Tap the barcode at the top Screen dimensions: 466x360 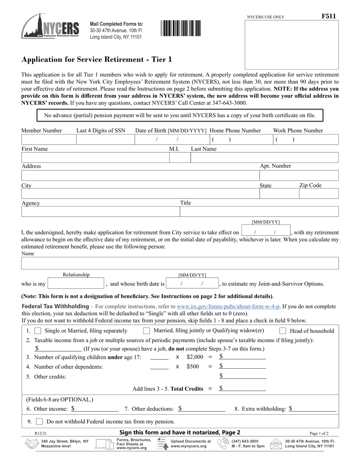click(181, 28)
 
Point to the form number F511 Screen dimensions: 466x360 click(329, 16)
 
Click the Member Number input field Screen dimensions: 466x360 click(49, 140)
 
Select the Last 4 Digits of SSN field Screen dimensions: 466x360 click(105, 140)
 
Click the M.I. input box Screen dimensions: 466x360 click(179, 158)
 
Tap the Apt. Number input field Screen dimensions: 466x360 click(299, 175)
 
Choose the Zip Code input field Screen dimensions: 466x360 click(319, 194)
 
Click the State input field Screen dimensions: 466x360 click(279, 194)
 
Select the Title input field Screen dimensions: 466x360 click(259, 211)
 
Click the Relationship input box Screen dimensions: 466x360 click(76, 283)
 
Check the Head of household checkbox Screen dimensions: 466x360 click(283, 331)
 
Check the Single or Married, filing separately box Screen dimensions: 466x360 click(38, 331)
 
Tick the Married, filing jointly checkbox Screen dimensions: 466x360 click(146, 331)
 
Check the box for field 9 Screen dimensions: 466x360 click(39, 421)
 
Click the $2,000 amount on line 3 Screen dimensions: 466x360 click(195, 357)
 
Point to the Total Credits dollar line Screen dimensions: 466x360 click(243, 388)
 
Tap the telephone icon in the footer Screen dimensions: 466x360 click(222, 444)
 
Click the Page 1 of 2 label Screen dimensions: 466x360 click(319, 433)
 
